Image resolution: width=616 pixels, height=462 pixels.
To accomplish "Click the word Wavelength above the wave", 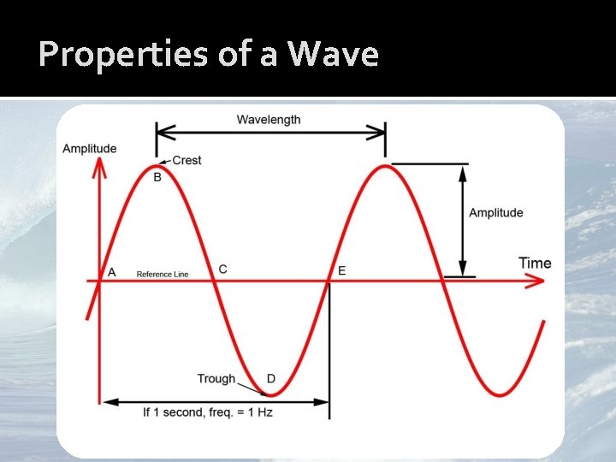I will [269, 120].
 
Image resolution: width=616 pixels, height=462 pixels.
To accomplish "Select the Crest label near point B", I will [187, 160].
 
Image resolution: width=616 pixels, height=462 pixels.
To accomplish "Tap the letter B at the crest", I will [157, 177].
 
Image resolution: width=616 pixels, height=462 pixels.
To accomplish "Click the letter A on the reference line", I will [110, 272].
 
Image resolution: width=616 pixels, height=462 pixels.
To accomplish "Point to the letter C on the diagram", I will [222, 269].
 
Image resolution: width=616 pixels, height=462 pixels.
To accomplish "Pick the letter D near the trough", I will [270, 378].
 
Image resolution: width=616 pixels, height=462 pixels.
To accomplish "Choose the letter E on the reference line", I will [341, 270].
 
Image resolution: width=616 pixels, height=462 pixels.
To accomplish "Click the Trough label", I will [216, 378].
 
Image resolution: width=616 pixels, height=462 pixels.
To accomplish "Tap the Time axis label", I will [535, 263].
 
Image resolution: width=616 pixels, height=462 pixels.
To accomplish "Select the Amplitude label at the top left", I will [89, 149].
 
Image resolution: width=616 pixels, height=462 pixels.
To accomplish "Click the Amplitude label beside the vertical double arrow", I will [495, 213].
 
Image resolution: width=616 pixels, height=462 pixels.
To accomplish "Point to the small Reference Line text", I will [163, 275].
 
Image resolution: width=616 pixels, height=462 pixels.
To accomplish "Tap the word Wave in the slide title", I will [333, 55].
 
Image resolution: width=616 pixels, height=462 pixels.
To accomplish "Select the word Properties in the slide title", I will [110, 55].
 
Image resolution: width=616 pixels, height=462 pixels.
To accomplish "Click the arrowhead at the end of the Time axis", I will [536, 281].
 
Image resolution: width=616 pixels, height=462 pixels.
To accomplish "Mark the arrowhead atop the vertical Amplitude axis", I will [100, 168].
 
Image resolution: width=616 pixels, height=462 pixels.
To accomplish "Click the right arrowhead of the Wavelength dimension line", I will [378, 132].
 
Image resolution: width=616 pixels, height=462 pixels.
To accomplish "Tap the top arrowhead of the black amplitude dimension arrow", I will [463, 171].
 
